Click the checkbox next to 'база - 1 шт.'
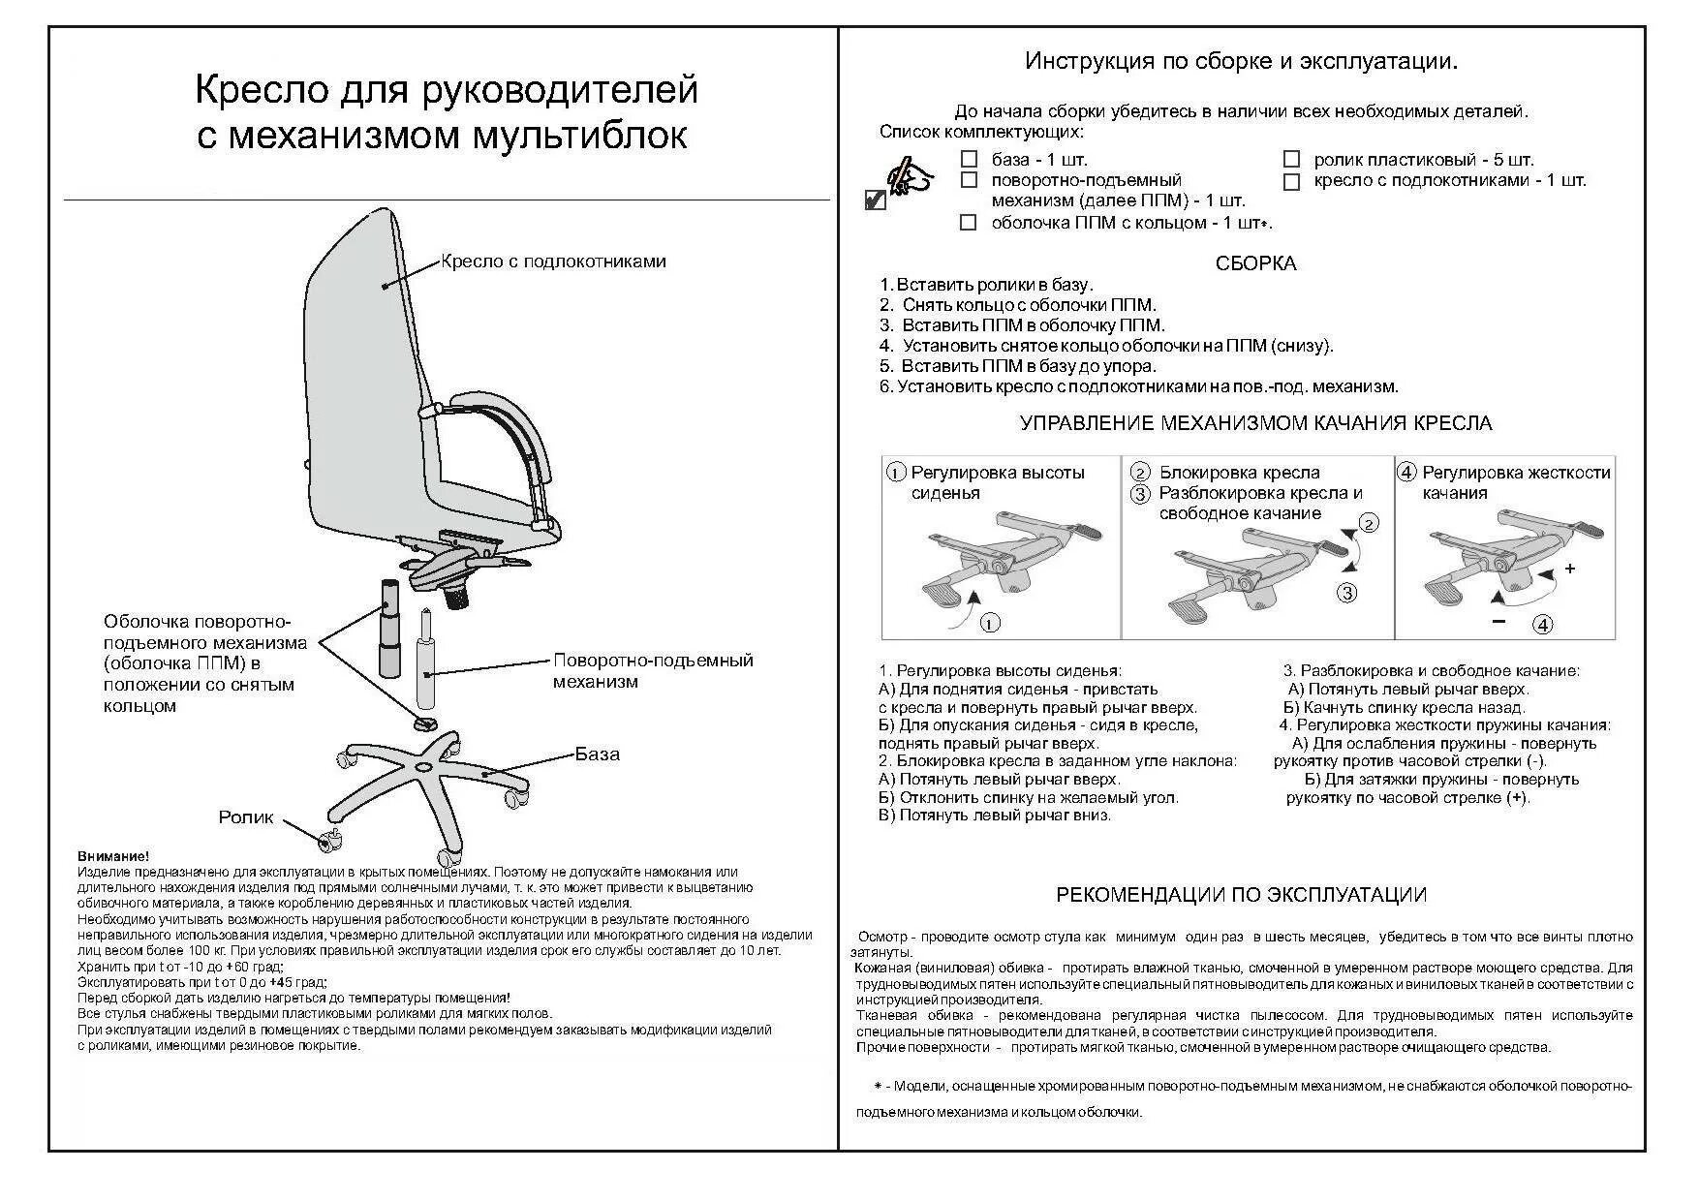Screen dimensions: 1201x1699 (x=968, y=159)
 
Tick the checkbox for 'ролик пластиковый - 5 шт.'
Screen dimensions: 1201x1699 (x=1291, y=159)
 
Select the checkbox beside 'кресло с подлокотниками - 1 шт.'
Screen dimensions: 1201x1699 (x=1291, y=181)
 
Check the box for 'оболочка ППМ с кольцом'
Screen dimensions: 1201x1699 (x=968, y=223)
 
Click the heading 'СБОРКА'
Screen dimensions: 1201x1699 (x=1255, y=263)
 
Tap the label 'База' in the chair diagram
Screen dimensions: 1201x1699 (x=597, y=754)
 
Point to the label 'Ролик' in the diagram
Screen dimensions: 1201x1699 (x=246, y=817)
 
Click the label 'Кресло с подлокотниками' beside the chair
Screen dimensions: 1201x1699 (x=553, y=262)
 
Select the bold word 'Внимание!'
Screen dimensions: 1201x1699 (x=113, y=857)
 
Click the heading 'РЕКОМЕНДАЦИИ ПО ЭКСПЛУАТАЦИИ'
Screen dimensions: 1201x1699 (x=1241, y=895)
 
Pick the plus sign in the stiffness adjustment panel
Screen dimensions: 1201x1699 (x=1570, y=569)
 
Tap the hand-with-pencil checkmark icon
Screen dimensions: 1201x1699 (x=901, y=184)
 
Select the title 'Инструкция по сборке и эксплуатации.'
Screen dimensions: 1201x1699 (x=1242, y=62)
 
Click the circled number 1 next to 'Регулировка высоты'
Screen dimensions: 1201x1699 (x=897, y=473)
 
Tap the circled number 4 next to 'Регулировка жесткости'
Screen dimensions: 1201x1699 (x=1406, y=473)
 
